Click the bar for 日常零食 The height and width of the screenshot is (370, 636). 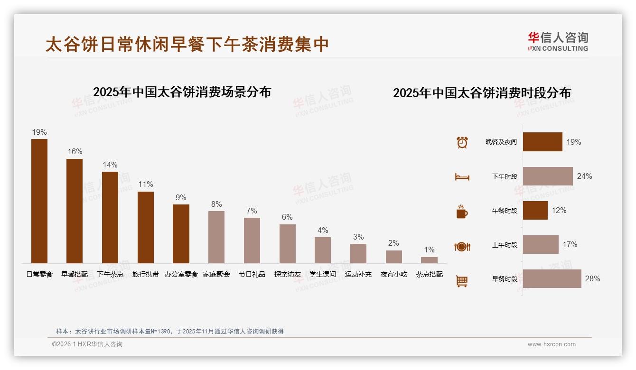coord(39,201)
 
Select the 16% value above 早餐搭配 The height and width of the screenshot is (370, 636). coord(75,152)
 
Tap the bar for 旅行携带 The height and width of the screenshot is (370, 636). coord(146,227)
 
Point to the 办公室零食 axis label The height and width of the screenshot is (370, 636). coord(181,274)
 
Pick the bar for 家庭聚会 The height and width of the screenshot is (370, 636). coord(216,237)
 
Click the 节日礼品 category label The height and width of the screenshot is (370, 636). coord(252,274)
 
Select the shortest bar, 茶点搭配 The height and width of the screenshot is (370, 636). coord(429,260)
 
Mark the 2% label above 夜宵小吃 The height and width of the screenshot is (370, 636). coord(393,243)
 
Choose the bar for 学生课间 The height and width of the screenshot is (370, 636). coord(323,250)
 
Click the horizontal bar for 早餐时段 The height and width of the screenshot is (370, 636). coord(552,279)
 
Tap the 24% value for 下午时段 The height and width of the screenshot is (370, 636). coord(584,176)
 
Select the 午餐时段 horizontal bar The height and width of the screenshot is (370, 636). coord(535,211)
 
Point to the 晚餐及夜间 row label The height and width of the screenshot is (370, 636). coord(501,142)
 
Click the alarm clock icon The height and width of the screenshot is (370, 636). coord(462,142)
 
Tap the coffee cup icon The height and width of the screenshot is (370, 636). coord(462,212)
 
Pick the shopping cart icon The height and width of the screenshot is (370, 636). coord(462,281)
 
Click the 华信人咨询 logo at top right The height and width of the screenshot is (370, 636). coord(558,41)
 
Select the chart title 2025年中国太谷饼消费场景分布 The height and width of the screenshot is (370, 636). coord(182,92)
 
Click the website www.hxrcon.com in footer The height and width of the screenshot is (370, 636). coord(552,344)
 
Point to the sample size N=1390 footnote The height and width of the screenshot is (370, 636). coord(169,332)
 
